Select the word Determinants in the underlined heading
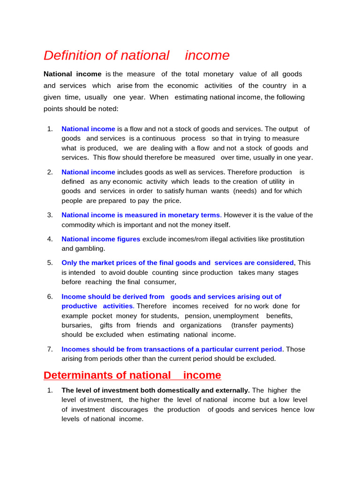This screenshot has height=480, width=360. [76, 375]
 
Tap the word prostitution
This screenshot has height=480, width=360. [287, 239]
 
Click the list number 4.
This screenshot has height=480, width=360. [50, 239]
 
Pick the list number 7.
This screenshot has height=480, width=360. [50, 349]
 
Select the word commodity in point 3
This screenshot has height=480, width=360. [79, 225]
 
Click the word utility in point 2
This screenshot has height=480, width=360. [277, 181]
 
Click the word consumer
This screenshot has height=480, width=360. [161, 282]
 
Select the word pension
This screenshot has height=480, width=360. [197, 315]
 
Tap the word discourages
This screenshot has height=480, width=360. [129, 409]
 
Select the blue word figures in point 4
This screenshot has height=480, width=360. [128, 239]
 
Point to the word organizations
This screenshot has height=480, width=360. [201, 325]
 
